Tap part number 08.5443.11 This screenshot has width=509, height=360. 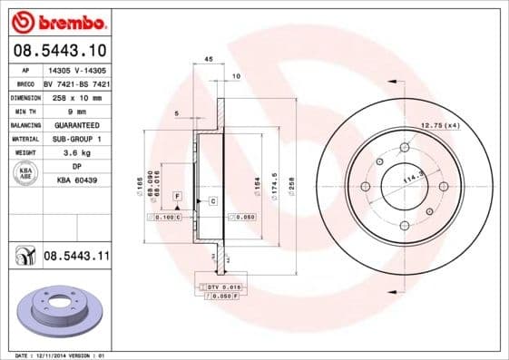coord(77,258)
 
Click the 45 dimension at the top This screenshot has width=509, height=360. coord(209,59)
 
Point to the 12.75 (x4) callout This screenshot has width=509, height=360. coord(441,124)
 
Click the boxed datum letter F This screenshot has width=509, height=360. coord(178,196)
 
